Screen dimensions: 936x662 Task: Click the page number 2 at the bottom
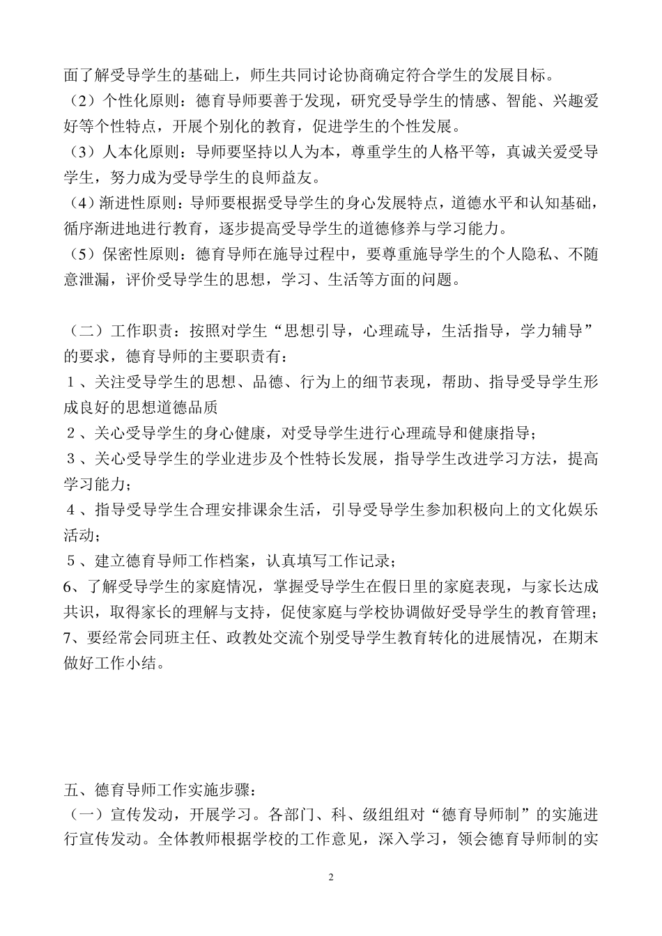[x=331, y=877]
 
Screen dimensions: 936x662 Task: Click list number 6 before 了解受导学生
[x=68, y=586]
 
